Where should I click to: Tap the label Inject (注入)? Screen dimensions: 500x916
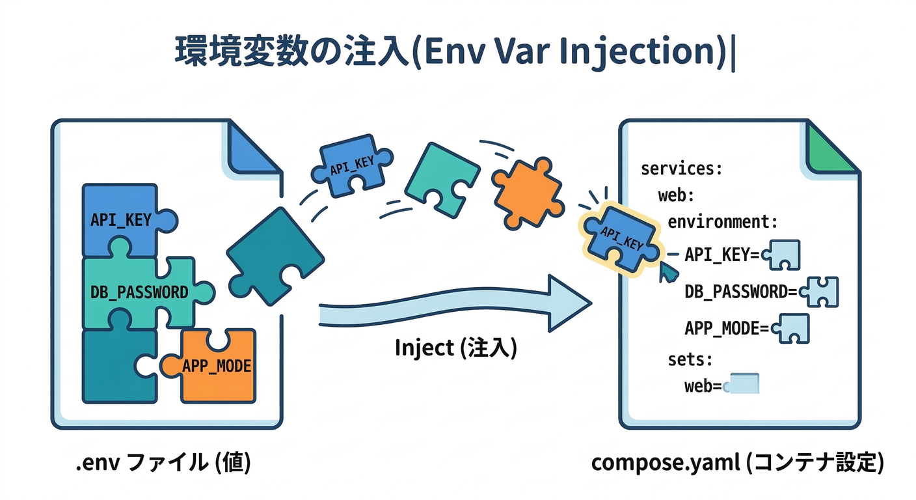(x=455, y=348)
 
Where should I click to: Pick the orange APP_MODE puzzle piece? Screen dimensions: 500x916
(x=216, y=365)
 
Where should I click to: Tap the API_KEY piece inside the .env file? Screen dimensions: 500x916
(x=121, y=219)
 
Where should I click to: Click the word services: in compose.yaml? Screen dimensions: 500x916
(x=681, y=169)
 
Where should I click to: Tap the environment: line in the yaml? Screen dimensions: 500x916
(x=722, y=222)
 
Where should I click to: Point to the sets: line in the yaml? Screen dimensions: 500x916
(x=690, y=359)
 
